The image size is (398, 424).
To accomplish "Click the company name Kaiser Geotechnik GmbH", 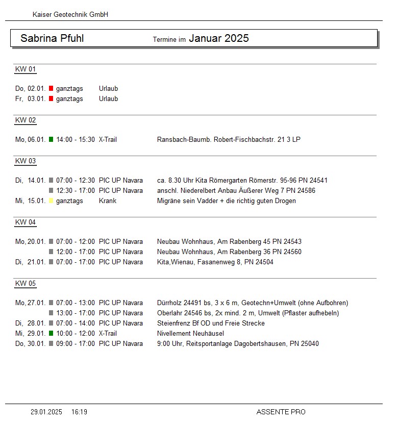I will tap(70, 15).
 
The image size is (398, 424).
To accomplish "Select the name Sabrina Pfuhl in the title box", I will tap(52, 38).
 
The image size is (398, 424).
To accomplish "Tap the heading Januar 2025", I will tap(219, 38).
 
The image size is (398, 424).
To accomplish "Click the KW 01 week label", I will tap(26, 69).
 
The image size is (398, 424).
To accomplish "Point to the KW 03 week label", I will tap(26, 161).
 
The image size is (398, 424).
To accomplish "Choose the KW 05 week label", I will tap(26, 284).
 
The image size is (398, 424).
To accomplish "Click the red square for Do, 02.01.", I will tap(51, 88).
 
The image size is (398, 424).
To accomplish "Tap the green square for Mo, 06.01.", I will tap(51, 139).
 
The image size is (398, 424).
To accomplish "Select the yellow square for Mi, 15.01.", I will tap(51, 201).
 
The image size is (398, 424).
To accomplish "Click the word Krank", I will tap(108, 201).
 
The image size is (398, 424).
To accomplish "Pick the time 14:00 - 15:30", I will tap(76, 139).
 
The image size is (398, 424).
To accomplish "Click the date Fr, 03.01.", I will tap(31, 98).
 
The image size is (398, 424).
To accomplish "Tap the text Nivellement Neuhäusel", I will tap(190, 333).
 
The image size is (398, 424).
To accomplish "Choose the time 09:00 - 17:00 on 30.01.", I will tap(76, 343).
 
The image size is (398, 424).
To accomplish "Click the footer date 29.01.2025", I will tap(46, 412).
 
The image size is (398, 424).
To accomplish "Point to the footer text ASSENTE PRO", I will tap(281, 412).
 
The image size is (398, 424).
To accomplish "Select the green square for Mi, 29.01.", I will tap(51, 333).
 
